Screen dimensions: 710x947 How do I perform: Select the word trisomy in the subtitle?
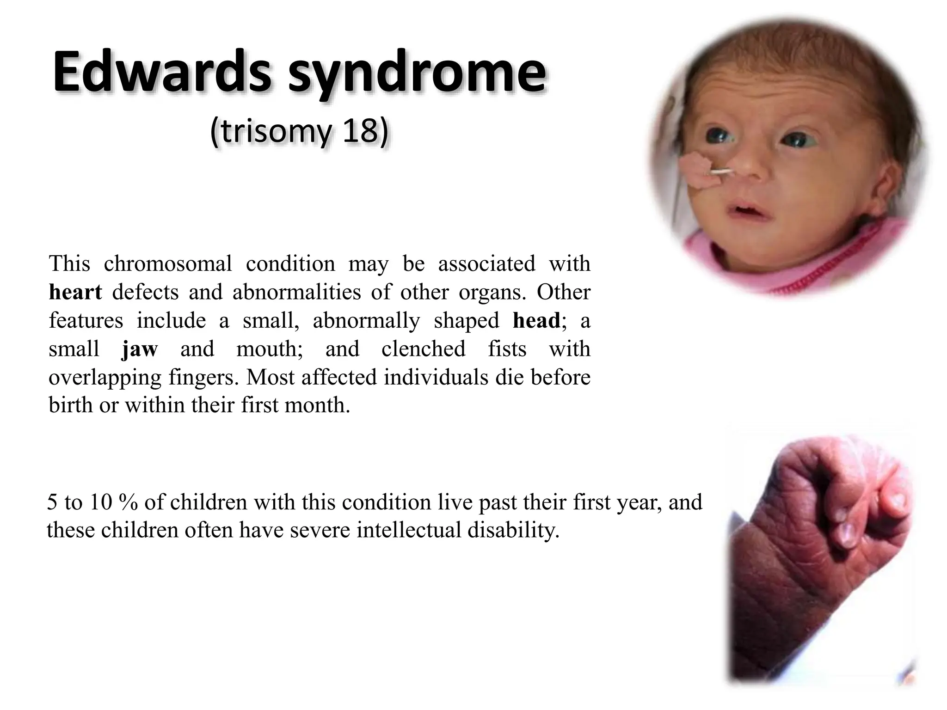coord(273,132)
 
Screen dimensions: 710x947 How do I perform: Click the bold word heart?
coord(75,292)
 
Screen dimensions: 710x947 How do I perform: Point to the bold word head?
coord(536,320)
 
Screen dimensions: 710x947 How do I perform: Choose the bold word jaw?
coord(140,349)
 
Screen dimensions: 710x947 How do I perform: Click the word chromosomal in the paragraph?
coord(168,263)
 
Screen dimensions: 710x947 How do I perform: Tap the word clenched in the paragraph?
coord(423,349)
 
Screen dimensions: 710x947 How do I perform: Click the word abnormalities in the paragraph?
coord(296,292)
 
